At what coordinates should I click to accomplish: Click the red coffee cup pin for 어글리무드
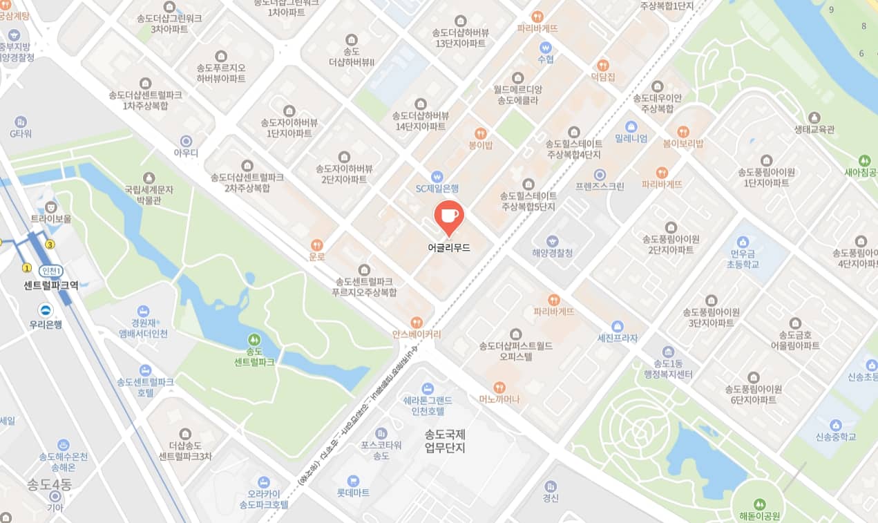pos(449,216)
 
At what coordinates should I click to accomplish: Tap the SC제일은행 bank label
pos(437,188)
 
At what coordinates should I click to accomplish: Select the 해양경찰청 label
pos(552,253)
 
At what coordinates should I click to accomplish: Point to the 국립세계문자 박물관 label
pos(149,194)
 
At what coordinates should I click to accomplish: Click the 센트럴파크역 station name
pos(51,285)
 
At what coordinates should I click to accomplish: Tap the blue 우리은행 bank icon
pos(46,311)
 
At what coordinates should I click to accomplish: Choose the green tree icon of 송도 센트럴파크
pos(254,339)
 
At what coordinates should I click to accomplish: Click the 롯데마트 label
pos(353,493)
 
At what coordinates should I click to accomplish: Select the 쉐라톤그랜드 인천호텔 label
pos(428,406)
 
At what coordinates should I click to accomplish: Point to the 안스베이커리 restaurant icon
pos(417,322)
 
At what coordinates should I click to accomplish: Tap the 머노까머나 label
pos(499,399)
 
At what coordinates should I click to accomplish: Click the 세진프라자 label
pos(618,338)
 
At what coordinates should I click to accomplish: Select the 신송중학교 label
pos(835,437)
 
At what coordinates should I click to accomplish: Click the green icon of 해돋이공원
pos(760,504)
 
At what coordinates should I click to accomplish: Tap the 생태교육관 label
pos(814,129)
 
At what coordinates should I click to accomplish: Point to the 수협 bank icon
pos(546,48)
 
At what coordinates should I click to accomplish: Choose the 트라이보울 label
pos(50,218)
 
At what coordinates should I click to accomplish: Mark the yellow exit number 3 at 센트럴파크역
pos(50,244)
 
